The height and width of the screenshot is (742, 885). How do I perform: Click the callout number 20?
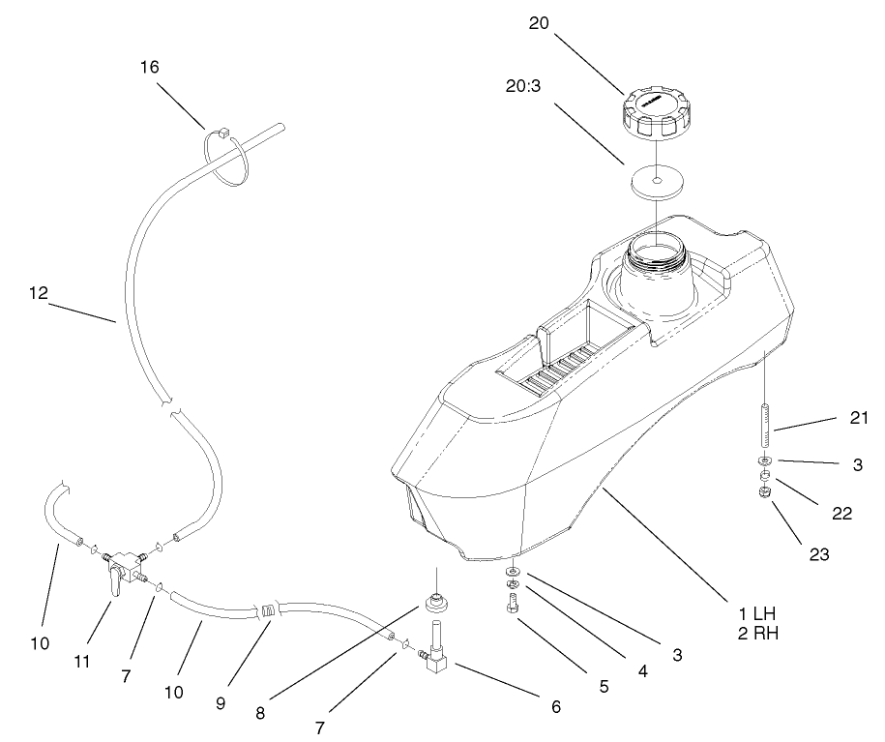(540, 24)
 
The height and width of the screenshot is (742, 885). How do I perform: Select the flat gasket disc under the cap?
(657, 182)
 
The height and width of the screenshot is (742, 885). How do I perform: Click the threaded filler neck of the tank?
(655, 259)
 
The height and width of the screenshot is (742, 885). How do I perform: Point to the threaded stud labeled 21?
(764, 409)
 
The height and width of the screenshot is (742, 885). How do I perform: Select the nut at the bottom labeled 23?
(764, 493)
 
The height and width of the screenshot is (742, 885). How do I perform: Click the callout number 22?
(842, 514)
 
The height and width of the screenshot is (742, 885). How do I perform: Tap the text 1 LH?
(757, 614)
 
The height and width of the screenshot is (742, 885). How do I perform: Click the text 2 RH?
(757, 635)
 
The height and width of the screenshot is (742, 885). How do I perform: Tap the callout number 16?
(149, 67)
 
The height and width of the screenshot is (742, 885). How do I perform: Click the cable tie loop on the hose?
(229, 156)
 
